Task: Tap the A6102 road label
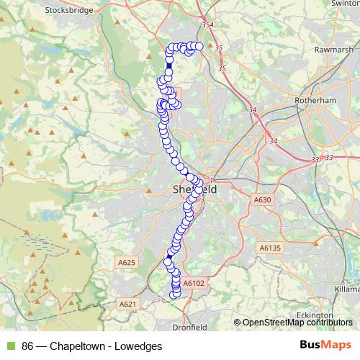(x=194, y=284)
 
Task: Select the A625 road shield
(x=126, y=263)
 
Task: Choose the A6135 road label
(x=269, y=248)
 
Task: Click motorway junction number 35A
(x=208, y=25)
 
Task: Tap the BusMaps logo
(x=323, y=345)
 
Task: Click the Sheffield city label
(x=195, y=189)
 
